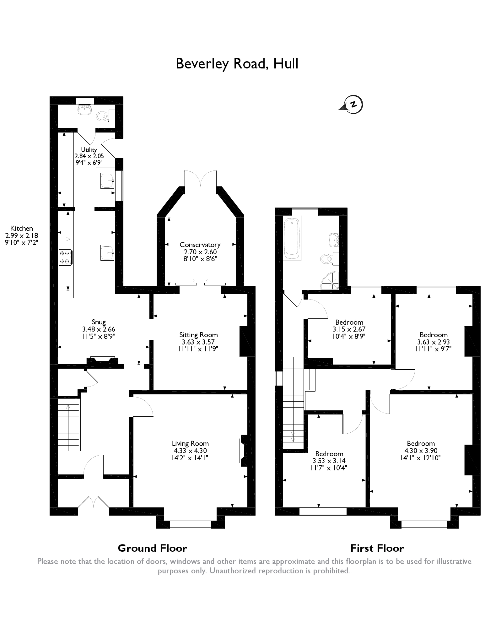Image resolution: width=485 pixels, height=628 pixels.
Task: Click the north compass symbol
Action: (353, 104)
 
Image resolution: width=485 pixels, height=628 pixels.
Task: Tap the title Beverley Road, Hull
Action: (237, 63)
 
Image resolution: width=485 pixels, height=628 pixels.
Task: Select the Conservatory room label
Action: (200, 245)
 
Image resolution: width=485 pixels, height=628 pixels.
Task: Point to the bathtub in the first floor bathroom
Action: (292, 239)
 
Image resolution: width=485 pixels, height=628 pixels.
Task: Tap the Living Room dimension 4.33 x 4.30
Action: (190, 451)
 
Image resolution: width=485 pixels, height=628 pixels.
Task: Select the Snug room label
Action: (99, 322)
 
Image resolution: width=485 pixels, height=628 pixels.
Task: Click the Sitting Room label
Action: (198, 335)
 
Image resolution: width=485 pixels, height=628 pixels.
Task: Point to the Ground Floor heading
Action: (152, 548)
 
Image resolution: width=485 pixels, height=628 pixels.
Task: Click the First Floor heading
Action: (377, 548)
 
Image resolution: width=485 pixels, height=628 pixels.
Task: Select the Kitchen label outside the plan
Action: (21, 228)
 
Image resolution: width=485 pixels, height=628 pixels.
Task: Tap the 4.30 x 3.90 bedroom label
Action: (421, 451)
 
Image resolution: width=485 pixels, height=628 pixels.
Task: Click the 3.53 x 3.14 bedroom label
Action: (329, 461)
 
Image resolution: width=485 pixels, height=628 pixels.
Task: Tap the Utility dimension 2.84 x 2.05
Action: (89, 156)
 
